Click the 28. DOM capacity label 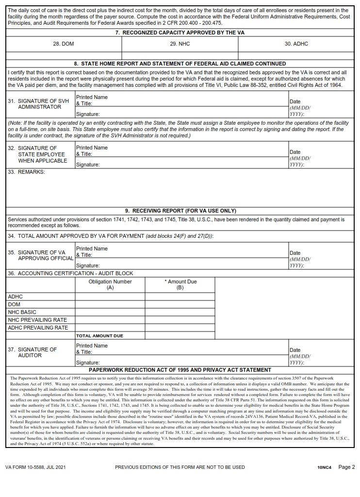click(x=64, y=44)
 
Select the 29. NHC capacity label click(x=180, y=44)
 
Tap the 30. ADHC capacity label click(x=296, y=44)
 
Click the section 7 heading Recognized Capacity click(x=180, y=33)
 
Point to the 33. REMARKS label click(x=27, y=172)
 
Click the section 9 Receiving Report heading click(x=180, y=211)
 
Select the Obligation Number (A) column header click(x=110, y=284)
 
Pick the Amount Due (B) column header click(x=180, y=284)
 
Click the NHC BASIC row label click(x=22, y=312)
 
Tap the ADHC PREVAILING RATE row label click(x=38, y=328)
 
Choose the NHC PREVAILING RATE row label click(x=37, y=320)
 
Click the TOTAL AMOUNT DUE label click(x=99, y=336)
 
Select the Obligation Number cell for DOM click(x=110, y=304)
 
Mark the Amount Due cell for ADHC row click(x=180, y=297)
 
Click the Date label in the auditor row click(x=295, y=350)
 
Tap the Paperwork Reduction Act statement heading click(x=180, y=370)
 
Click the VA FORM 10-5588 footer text click(x=35, y=467)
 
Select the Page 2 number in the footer click(x=347, y=467)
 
